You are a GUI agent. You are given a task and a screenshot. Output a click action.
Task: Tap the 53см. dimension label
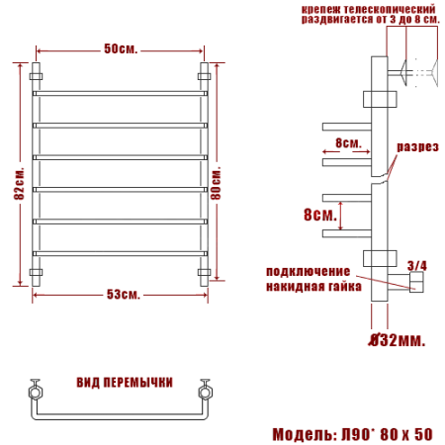(123, 295)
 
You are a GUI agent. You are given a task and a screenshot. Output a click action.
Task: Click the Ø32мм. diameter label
(396, 342)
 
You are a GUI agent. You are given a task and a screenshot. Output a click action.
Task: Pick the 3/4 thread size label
(417, 264)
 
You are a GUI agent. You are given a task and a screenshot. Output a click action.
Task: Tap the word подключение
(308, 271)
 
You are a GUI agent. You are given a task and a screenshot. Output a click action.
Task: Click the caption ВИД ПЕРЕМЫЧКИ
(125, 381)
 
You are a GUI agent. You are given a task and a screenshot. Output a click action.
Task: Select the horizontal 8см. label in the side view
(349, 143)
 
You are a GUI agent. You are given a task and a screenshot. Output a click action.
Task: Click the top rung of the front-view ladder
(122, 94)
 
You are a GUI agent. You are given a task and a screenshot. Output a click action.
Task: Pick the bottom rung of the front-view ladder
(122, 252)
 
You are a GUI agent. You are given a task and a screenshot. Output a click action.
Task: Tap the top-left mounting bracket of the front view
(38, 74)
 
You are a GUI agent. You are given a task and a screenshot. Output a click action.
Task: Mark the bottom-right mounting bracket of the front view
(206, 272)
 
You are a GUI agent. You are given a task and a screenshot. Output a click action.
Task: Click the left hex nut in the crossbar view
(37, 391)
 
